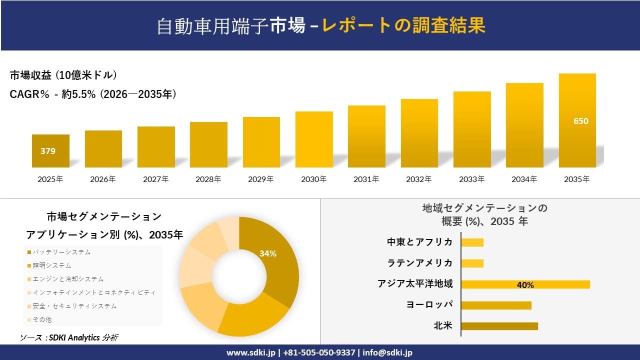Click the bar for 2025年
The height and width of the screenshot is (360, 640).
coord(50,151)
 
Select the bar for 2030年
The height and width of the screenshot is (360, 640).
coord(314,139)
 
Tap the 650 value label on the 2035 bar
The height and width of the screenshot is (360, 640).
coord(580,121)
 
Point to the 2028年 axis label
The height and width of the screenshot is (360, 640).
coord(208,179)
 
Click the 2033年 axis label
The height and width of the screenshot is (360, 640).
coord(472,179)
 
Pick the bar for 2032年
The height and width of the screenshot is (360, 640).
coord(419,133)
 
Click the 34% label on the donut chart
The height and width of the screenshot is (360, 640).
coord(268,253)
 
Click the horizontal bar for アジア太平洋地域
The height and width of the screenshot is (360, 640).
coord(525,284)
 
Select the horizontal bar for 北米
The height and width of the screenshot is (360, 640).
coord(499,326)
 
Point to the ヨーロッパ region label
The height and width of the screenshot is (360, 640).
coord(430,305)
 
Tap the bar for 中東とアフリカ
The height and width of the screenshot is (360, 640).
coord(472,242)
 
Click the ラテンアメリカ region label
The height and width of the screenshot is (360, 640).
coord(420,263)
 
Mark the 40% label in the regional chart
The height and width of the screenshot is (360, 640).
coord(525,285)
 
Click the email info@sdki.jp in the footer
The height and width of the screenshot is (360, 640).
coord(387,352)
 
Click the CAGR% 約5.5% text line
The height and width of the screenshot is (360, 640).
coord(93,94)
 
